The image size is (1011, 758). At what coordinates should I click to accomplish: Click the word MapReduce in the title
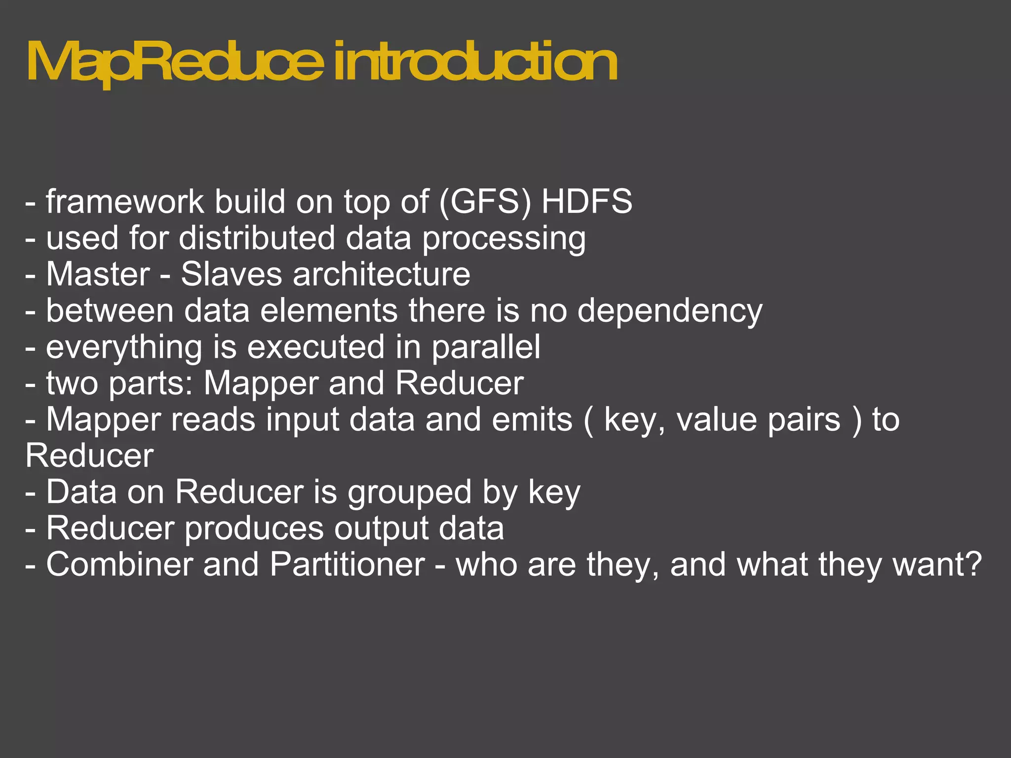tap(175, 63)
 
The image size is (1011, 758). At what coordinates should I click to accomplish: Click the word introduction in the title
tap(475, 63)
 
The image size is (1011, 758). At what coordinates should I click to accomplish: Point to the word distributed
tap(257, 238)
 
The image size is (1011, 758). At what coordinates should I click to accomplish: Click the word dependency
tap(670, 311)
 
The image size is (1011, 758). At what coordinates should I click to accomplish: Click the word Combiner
tap(119, 565)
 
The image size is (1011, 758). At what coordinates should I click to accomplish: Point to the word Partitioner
tap(347, 565)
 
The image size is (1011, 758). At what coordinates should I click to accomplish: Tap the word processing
tap(504, 239)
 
